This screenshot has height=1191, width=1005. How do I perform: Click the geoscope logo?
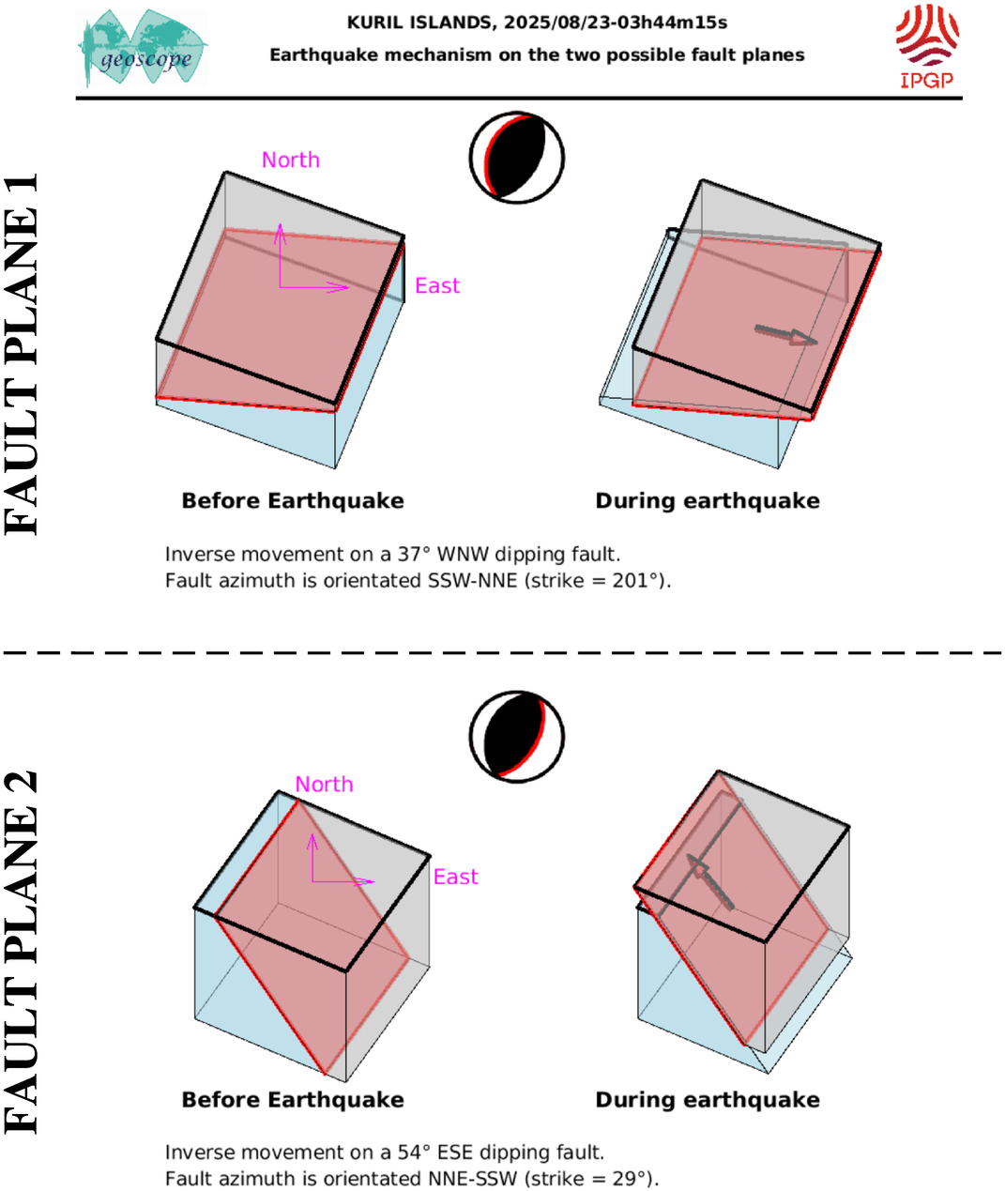(143, 48)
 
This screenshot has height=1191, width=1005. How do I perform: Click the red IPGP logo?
(927, 46)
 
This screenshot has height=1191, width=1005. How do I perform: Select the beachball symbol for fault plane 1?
(517, 158)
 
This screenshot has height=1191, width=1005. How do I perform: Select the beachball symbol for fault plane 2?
(517, 737)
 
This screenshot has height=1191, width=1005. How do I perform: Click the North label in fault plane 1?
(290, 160)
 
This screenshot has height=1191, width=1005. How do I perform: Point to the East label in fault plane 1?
(437, 285)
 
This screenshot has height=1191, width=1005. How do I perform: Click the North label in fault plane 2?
(324, 785)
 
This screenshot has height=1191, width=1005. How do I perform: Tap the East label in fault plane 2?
(455, 877)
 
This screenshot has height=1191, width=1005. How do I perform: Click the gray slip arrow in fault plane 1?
(786, 335)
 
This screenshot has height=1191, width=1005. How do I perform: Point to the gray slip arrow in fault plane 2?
(709, 881)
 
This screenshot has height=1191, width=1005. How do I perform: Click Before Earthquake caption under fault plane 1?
(293, 501)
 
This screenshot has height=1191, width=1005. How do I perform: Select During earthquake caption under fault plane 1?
(708, 501)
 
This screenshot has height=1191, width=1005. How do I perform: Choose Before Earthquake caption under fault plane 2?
(293, 1100)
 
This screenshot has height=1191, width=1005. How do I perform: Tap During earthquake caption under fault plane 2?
(708, 1100)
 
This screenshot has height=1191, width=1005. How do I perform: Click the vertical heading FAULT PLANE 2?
(21, 952)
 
